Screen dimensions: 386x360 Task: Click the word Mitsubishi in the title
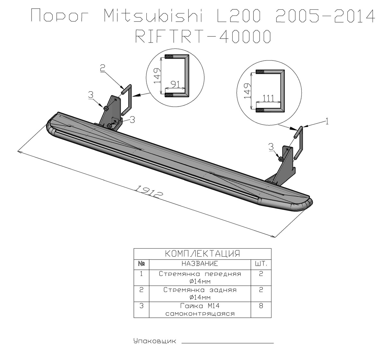tap(153, 15)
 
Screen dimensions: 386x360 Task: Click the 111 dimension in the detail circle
tap(268, 99)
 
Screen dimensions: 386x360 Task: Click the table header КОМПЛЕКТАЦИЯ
tap(202, 254)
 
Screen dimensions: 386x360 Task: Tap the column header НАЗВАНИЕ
tap(200, 264)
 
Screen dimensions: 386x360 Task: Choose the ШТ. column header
tap(261, 264)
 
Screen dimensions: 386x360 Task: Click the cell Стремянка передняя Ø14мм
tap(200, 278)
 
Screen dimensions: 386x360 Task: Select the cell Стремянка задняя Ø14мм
tap(200, 294)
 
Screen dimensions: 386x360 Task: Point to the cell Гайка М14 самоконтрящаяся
tap(200, 309)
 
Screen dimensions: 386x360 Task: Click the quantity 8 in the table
tap(261, 306)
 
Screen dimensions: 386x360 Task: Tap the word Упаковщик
tap(155, 341)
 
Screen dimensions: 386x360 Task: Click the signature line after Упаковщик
tap(228, 343)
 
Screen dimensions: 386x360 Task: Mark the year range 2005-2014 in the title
tap(325, 15)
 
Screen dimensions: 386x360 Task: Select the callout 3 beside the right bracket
tap(271, 147)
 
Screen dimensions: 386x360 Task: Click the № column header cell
tap(141, 264)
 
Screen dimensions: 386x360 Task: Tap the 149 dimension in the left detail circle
tap(157, 76)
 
